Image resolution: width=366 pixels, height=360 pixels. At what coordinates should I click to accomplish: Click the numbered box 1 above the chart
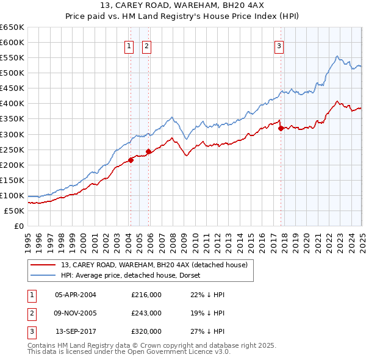click(x=130, y=45)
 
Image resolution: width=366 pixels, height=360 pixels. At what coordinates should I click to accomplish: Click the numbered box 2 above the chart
click(x=148, y=45)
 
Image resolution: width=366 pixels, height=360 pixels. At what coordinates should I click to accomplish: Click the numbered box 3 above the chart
click(x=279, y=45)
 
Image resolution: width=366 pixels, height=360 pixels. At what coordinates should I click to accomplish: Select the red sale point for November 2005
click(x=148, y=151)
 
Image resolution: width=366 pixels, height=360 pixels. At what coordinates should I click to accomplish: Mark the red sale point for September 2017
click(x=281, y=128)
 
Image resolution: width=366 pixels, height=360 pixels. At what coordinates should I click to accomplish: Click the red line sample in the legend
click(x=43, y=265)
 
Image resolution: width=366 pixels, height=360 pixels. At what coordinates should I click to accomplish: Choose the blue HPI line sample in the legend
click(x=43, y=275)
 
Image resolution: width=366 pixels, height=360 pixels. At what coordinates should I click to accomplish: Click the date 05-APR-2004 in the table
click(x=76, y=295)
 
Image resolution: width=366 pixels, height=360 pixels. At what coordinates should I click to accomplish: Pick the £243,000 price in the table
click(x=146, y=313)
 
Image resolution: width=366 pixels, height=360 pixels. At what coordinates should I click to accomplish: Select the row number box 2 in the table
click(x=30, y=313)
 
